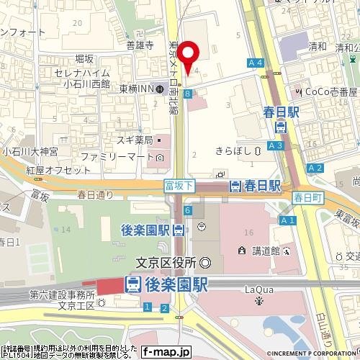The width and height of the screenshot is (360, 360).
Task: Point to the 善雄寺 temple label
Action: (x=140, y=45)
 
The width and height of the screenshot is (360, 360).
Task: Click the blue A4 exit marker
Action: (x=255, y=63)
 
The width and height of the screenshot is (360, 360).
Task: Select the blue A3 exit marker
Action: (x=275, y=145)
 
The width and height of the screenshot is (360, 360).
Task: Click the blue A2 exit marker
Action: (x=314, y=168)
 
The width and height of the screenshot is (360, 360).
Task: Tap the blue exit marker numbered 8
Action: (x=187, y=94)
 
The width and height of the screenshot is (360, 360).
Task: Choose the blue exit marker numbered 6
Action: (x=187, y=210)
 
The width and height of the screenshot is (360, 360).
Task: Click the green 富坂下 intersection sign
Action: (x=178, y=185)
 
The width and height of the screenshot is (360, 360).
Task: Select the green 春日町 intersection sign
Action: (x=306, y=196)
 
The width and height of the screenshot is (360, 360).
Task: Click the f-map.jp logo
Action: (x=166, y=352)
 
